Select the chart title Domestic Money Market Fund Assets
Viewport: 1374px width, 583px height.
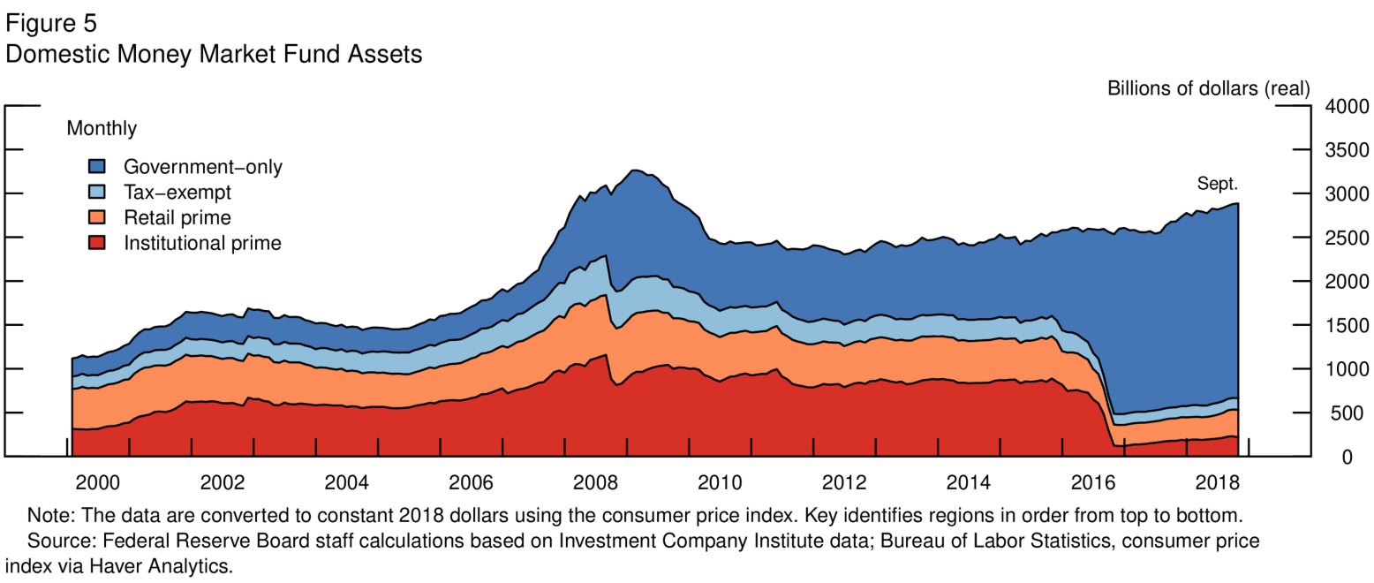[x=214, y=54]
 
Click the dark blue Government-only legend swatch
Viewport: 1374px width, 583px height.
[x=97, y=166]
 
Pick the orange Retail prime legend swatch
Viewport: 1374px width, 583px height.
[x=97, y=217]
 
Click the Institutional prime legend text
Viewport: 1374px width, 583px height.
[x=202, y=243]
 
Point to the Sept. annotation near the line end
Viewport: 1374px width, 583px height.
[x=1218, y=185]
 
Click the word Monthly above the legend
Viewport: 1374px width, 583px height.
[x=102, y=129]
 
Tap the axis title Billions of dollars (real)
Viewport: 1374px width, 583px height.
[x=1208, y=88]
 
